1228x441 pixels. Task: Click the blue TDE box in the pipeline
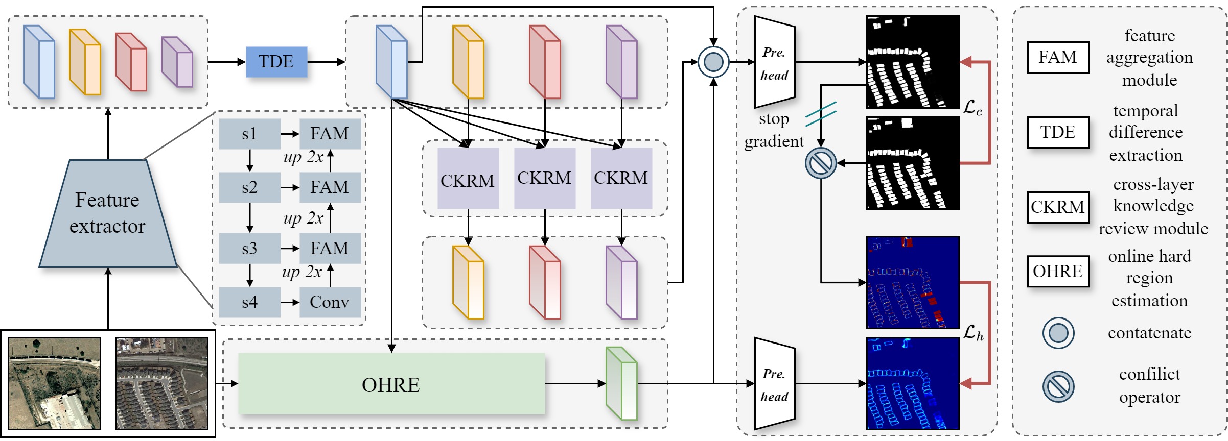(x=276, y=62)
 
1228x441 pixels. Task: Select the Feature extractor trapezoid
(x=108, y=214)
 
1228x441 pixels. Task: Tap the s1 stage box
(x=249, y=134)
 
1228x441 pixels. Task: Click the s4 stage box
(x=249, y=302)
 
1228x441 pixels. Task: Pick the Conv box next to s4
(x=330, y=302)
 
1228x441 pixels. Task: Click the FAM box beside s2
(x=330, y=187)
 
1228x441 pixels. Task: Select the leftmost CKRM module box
(x=468, y=179)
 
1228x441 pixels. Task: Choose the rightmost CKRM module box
(x=621, y=179)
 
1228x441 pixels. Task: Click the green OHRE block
(x=391, y=384)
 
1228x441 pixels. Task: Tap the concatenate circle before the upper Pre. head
(x=713, y=62)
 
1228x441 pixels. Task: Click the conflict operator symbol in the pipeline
(x=821, y=163)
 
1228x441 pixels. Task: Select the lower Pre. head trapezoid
(x=775, y=384)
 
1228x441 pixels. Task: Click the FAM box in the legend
(x=1058, y=57)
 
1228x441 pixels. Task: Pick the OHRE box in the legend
(x=1058, y=271)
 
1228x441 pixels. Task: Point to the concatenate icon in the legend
(x=1058, y=333)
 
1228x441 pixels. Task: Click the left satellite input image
(x=55, y=383)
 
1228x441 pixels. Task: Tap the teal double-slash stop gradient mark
(x=821, y=114)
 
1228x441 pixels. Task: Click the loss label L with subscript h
(x=973, y=333)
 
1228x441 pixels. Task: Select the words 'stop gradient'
(x=774, y=130)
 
